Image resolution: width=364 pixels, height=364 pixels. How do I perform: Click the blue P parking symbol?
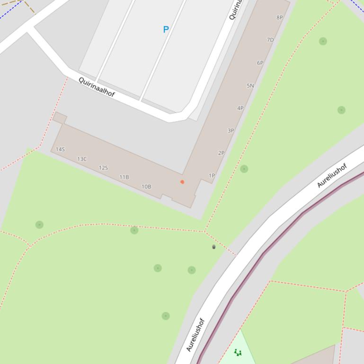pos(166,29)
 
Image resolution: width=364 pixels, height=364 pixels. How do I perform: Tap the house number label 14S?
pos(60,149)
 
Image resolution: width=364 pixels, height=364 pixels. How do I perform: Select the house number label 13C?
pos(82,159)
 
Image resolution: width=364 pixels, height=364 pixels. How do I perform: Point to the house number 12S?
pos(103,168)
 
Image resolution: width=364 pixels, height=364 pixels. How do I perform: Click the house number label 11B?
pos(124,177)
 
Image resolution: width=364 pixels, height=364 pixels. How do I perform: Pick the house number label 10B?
pos(146,186)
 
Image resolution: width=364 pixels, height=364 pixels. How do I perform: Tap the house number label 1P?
pos(212,175)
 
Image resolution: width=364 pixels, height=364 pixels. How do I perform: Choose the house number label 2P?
pos(221,153)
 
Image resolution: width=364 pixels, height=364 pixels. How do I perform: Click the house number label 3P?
pos(231,130)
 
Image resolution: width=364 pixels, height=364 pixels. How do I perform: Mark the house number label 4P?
pos(240,108)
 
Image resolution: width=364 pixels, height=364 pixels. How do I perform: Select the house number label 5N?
pos(250,86)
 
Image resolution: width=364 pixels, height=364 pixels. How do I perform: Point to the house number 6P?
pos(260,63)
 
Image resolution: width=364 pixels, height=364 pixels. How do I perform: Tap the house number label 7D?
pos(270,40)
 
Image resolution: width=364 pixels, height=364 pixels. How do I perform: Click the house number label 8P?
pos(279,17)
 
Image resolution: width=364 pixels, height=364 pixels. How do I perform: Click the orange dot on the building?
pos(182,182)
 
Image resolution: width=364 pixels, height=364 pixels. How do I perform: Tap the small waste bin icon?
pos(214,247)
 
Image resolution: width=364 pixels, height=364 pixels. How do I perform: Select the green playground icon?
pos(238,352)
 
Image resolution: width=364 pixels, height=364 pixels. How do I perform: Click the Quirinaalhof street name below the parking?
pos(97,87)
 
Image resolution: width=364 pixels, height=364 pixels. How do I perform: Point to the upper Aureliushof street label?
pos(332,175)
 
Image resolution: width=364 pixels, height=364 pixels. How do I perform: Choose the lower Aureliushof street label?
pos(195,335)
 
